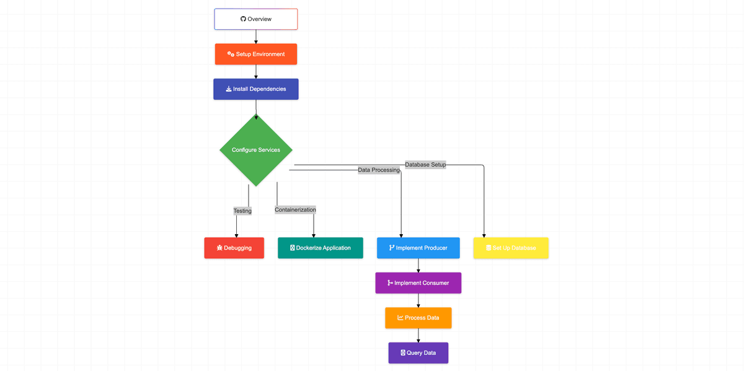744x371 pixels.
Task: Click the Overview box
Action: pyautogui.click(x=256, y=19)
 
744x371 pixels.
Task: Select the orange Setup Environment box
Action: pyautogui.click(x=256, y=54)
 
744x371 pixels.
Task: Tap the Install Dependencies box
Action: pyautogui.click(x=256, y=89)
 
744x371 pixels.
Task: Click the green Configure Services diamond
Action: pyautogui.click(x=256, y=150)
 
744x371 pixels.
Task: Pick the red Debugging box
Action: pyautogui.click(x=234, y=248)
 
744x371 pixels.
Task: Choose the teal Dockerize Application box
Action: pyautogui.click(x=320, y=248)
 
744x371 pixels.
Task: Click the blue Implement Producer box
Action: pyautogui.click(x=418, y=248)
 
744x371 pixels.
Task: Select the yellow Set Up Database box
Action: pyautogui.click(x=511, y=248)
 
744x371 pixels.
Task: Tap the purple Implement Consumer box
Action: pyautogui.click(x=418, y=283)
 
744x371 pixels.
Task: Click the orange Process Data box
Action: pyautogui.click(x=418, y=318)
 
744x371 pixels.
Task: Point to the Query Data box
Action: pyautogui.click(x=418, y=353)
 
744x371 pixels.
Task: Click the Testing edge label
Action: pyautogui.click(x=242, y=211)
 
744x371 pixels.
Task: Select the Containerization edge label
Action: pyautogui.click(x=295, y=210)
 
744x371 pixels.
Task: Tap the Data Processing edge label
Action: pyautogui.click(x=379, y=170)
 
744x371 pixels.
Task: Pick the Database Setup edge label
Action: pyautogui.click(x=425, y=165)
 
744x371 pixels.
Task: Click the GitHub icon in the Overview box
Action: pyautogui.click(x=244, y=19)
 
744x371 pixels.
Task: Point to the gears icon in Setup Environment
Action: pyautogui.click(x=231, y=54)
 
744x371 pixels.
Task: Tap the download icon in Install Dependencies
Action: pyautogui.click(x=229, y=89)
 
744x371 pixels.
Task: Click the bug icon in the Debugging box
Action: pyautogui.click(x=219, y=248)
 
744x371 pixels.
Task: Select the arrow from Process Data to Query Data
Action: pyautogui.click(x=418, y=335)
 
